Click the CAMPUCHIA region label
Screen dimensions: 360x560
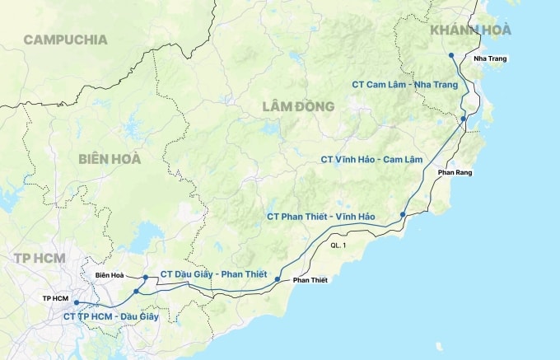pos(65,39)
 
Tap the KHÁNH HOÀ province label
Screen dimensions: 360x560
pos(470,30)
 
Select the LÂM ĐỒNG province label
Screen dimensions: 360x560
pos(298,106)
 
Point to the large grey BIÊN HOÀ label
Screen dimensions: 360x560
pos(110,158)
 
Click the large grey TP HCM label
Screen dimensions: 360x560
pos(39,258)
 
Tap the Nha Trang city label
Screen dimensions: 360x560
pos(490,58)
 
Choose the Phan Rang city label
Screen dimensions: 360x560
pos(456,172)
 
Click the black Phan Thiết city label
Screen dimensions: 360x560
pos(310,280)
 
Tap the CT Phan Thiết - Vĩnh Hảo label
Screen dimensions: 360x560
pos(321,216)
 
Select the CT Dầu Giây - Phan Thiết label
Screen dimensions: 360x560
pos(213,274)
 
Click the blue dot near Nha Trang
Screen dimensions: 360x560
pos(451,55)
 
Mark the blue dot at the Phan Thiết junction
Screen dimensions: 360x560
pos(278,280)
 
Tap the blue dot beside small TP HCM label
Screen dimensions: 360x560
pos(76,303)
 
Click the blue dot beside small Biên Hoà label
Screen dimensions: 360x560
pos(145,278)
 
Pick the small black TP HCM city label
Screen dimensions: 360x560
pos(55,297)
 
